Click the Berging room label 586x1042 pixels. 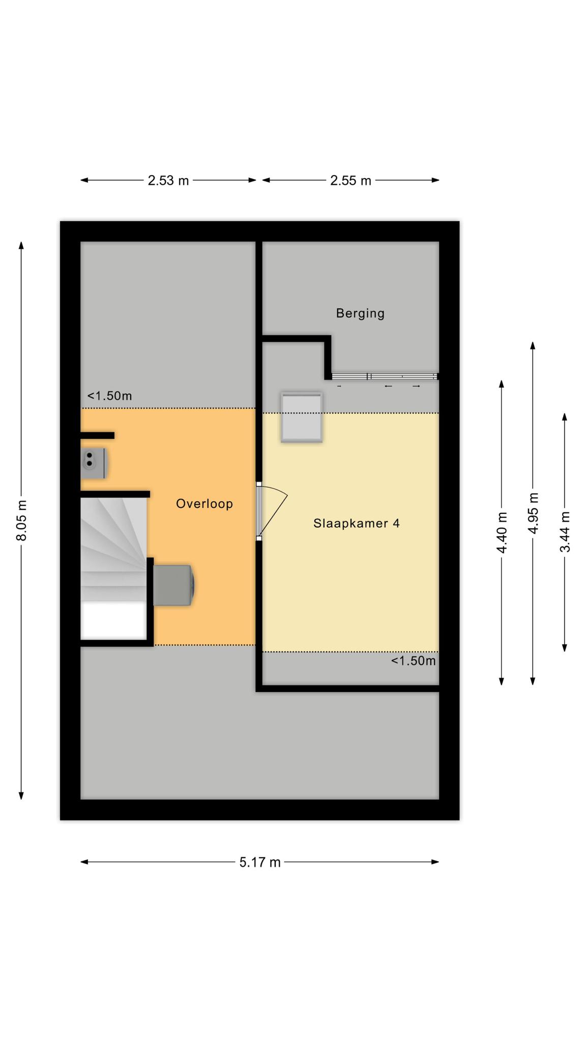click(360, 313)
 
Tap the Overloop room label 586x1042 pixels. click(204, 504)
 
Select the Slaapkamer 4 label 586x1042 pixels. click(357, 523)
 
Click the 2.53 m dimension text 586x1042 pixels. click(168, 181)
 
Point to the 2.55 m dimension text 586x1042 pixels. click(350, 181)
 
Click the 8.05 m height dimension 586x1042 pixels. click(21, 520)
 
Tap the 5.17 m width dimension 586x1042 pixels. click(260, 862)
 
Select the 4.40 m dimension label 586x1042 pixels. click(502, 532)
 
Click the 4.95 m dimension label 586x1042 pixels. click(533, 513)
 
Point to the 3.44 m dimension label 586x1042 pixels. click(565, 532)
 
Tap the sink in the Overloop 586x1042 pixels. click(93, 463)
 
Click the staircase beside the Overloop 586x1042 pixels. click(114, 549)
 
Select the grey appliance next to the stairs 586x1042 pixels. click(173, 585)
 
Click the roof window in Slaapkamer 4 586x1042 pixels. click(302, 417)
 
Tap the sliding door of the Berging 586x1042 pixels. click(385, 377)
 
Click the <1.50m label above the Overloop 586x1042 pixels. click(109, 396)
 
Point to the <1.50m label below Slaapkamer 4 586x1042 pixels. click(414, 661)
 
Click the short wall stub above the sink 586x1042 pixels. click(97, 436)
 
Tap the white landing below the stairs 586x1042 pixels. click(114, 620)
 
